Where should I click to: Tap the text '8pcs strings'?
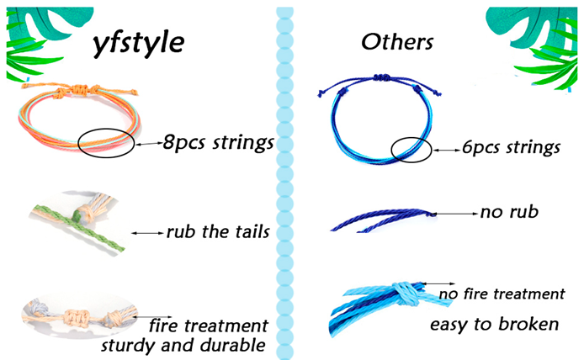[x=219, y=143]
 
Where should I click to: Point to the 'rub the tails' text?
[x=217, y=231]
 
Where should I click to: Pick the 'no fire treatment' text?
[x=502, y=294]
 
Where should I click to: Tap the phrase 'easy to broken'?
[x=494, y=324]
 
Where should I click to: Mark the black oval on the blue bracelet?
[x=411, y=150]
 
